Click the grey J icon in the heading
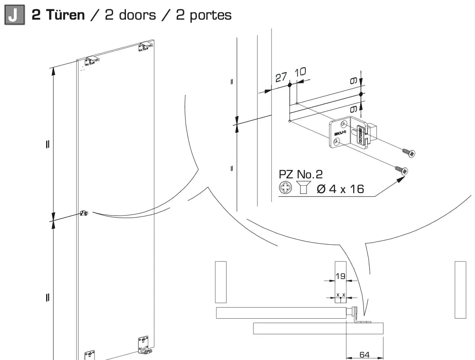point(14,15)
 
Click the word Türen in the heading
point(65,15)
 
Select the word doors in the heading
point(137,15)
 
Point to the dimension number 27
point(281,77)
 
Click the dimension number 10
point(300,72)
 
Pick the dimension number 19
point(341,276)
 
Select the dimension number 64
point(365,355)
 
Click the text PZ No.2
point(300,174)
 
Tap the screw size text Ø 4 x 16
point(340,189)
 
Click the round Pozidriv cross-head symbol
point(285,187)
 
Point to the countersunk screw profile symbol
point(303,187)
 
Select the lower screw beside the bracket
point(402,170)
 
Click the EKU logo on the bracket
point(340,133)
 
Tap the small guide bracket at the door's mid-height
point(84,213)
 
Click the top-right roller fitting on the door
point(145,46)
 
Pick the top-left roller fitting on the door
point(92,61)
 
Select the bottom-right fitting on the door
point(144,345)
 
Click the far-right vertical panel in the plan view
point(460,290)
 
